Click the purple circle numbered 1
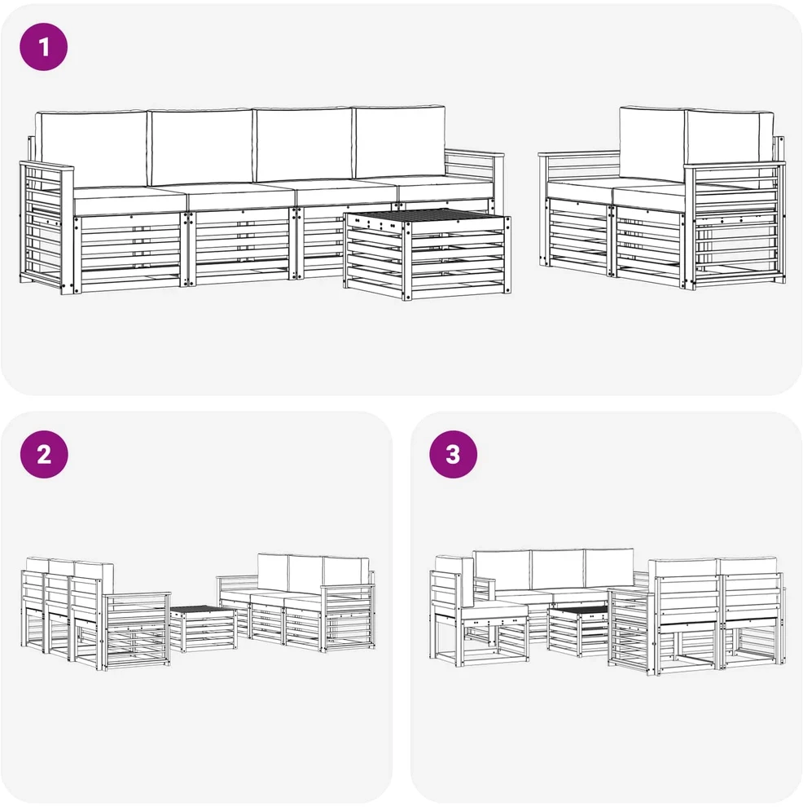[44, 46]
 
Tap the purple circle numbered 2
[44, 455]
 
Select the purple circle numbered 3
[454, 455]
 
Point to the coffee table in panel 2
[204, 628]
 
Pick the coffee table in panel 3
[578, 632]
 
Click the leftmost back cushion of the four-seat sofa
[93, 148]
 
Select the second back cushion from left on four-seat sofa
[201, 146]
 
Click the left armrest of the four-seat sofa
[46, 227]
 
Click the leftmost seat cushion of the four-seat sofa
[129, 201]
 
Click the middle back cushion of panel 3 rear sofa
[557, 569]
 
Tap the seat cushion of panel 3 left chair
[494, 611]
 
